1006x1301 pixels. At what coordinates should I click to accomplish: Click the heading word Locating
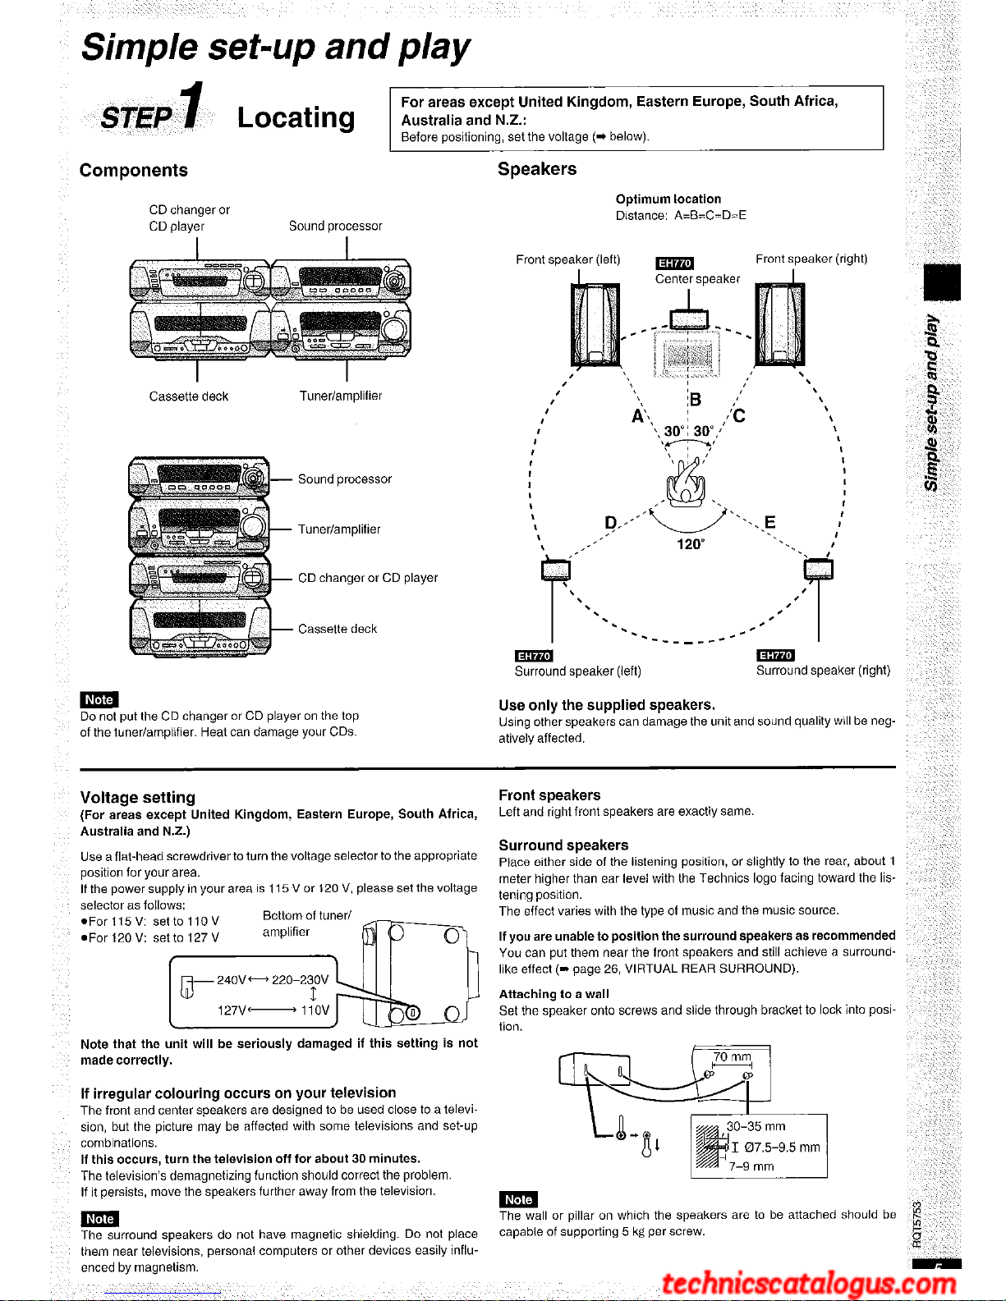[296, 117]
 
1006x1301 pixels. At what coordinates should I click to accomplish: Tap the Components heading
[133, 171]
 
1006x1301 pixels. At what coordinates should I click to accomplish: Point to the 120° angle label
[690, 544]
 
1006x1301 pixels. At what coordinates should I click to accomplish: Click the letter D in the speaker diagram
[611, 523]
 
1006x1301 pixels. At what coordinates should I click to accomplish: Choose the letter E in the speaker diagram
[769, 523]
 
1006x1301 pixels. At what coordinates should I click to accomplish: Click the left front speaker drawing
[595, 325]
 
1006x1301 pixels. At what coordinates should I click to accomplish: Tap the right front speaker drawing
[780, 325]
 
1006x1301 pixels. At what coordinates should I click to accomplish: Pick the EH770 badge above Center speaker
[675, 263]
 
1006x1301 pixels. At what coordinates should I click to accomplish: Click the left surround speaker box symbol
[556, 570]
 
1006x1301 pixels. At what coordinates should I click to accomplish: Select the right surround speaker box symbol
[819, 570]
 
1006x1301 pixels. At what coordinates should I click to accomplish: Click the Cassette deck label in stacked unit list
[337, 629]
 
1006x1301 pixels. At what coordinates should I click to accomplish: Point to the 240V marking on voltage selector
[232, 979]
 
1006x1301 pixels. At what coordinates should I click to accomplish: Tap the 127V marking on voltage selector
[232, 1010]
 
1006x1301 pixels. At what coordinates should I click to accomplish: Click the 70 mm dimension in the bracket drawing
[732, 1056]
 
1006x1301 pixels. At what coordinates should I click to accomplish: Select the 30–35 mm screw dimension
[756, 1126]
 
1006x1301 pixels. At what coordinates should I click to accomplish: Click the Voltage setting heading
[138, 797]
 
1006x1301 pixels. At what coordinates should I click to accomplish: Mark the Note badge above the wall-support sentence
[518, 1199]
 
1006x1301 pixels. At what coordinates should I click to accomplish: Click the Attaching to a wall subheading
[554, 994]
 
